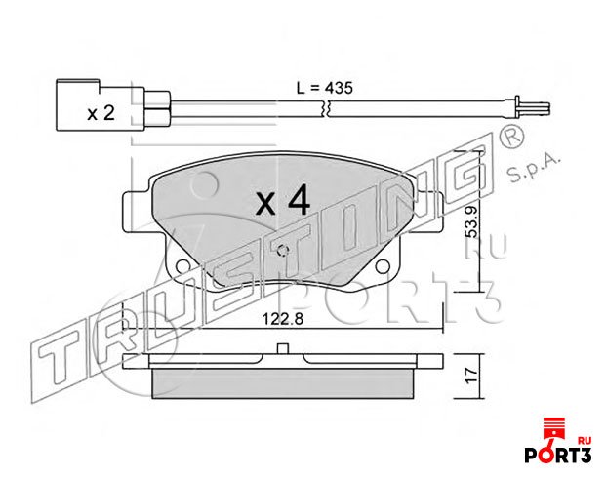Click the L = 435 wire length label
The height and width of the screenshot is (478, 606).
click(325, 88)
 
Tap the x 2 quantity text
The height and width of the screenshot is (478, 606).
click(101, 113)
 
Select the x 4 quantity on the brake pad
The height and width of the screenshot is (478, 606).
click(283, 200)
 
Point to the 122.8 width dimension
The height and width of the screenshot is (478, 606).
click(283, 319)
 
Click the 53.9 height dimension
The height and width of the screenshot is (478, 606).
click(472, 221)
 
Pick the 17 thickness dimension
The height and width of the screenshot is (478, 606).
click(472, 376)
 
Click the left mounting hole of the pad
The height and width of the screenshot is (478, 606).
click(182, 266)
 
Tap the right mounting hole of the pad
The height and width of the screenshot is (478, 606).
click(383, 266)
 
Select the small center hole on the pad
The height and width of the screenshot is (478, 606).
click(283, 251)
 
